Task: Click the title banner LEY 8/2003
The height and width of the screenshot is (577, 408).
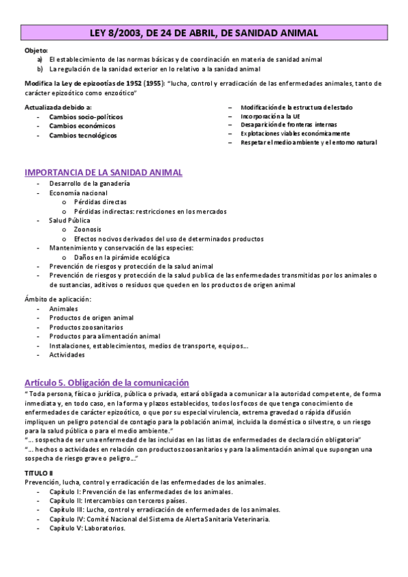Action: click(x=204, y=33)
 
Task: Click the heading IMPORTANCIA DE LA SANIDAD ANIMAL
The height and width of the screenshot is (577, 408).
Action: click(x=103, y=172)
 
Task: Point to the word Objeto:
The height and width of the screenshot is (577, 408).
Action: click(x=35, y=50)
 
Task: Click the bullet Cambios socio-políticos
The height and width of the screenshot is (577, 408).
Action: click(x=86, y=117)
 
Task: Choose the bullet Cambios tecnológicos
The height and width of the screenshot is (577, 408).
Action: click(x=82, y=135)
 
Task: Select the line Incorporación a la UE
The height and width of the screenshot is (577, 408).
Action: click(x=270, y=116)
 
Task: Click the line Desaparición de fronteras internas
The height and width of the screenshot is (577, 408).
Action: click(x=288, y=125)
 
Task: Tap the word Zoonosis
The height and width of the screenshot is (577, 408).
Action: click(x=88, y=230)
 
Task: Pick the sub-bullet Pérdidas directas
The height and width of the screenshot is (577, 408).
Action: click(x=100, y=202)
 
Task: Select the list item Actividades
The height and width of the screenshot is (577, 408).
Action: click(x=67, y=355)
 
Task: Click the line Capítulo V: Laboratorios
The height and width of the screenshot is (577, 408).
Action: click(x=87, y=528)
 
